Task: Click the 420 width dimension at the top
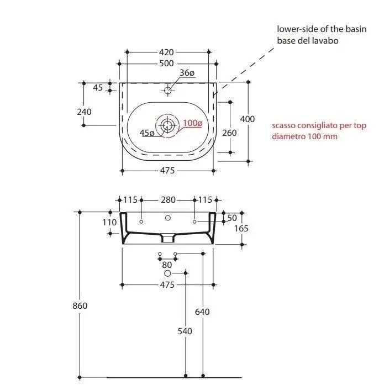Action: click(166, 52)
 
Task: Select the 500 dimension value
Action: click(166, 64)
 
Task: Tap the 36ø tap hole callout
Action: click(187, 73)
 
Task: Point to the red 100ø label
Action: click(192, 123)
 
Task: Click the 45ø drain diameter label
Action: click(147, 133)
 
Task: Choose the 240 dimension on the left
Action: click(84, 112)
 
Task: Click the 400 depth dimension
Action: click(247, 119)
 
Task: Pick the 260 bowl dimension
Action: click(229, 133)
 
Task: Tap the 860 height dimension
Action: click(80, 305)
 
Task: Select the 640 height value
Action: click(202, 312)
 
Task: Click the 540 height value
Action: click(185, 331)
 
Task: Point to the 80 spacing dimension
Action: click(167, 265)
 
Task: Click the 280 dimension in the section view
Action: click(168, 200)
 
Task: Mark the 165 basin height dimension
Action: click(241, 228)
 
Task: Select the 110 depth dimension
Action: click(109, 223)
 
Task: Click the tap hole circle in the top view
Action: click(168, 90)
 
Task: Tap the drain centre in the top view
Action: click(167, 125)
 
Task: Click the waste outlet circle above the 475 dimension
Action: click(167, 273)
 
